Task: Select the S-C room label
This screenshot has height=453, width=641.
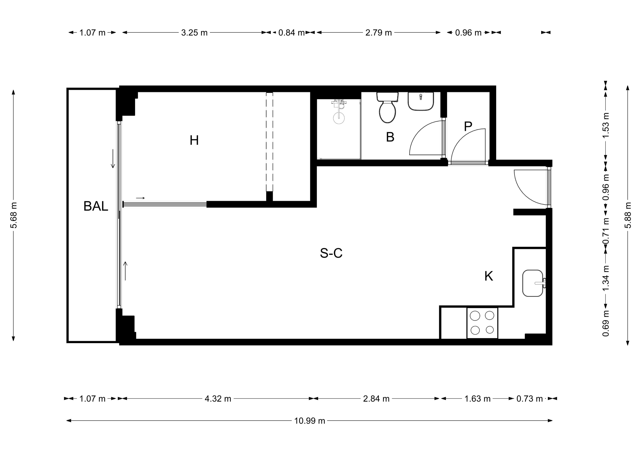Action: click(331, 253)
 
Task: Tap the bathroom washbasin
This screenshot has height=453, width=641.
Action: click(421, 101)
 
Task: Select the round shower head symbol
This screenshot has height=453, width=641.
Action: click(339, 118)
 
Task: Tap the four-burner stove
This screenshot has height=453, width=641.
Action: click(482, 323)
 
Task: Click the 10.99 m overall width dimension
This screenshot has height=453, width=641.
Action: click(310, 421)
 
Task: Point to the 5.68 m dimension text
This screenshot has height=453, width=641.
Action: click(13, 215)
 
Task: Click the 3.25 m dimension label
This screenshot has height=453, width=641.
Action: click(194, 33)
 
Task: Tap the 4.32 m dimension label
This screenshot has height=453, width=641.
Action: click(218, 399)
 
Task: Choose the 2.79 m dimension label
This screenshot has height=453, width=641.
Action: click(379, 33)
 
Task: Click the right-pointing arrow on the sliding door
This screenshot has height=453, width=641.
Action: click(140, 198)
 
